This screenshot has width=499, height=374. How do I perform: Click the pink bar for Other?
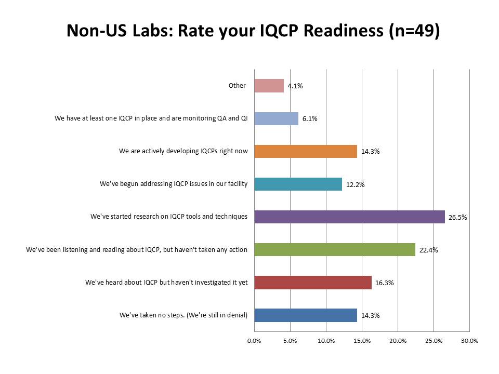pos(269,86)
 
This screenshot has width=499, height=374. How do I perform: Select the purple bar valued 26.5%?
pos(349,217)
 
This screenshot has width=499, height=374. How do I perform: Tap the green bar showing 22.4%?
pos(335,249)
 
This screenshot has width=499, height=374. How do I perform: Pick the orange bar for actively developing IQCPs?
pos(306,151)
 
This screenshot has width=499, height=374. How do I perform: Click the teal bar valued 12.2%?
pos(298,184)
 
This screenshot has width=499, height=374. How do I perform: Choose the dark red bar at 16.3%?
pos(313,282)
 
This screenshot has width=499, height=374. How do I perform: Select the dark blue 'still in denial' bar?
pos(306,315)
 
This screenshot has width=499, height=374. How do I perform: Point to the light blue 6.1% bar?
pos(276,118)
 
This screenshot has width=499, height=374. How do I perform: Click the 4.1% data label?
pos(295,86)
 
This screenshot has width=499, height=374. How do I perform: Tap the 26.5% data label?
pos(458,217)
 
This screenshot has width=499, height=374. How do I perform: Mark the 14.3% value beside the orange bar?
pos(370,152)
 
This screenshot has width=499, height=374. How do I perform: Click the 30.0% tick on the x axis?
pos(469,341)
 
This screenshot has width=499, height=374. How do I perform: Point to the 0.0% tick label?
pos(254,341)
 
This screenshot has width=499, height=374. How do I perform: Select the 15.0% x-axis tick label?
pos(362,341)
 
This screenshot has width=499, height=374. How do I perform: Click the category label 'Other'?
pos(237,86)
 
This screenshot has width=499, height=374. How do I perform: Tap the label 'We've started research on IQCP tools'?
pos(169,217)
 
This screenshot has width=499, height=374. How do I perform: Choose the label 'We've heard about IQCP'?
pos(166,282)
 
